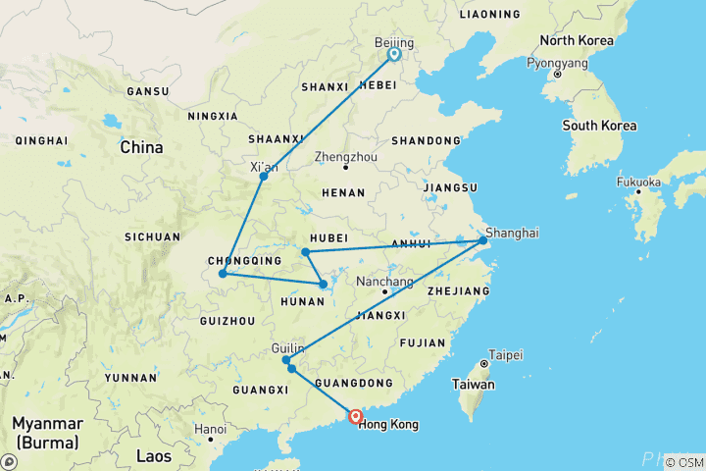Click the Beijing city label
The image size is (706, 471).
(394, 43)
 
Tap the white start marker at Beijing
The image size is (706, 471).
(394, 55)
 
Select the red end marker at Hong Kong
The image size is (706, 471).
(356, 417)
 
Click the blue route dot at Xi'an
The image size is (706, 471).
(264, 176)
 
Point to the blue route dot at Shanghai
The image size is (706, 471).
(482, 240)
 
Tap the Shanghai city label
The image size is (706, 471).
(512, 233)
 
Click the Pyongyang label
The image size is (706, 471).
(557, 62)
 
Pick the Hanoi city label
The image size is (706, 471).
(210, 429)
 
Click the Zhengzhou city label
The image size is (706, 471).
(345, 156)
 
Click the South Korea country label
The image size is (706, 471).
(598, 126)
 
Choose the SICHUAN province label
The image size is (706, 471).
(152, 236)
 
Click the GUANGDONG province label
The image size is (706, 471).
(362, 383)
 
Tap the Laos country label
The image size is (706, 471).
(153, 456)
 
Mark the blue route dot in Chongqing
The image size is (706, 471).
(224, 273)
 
